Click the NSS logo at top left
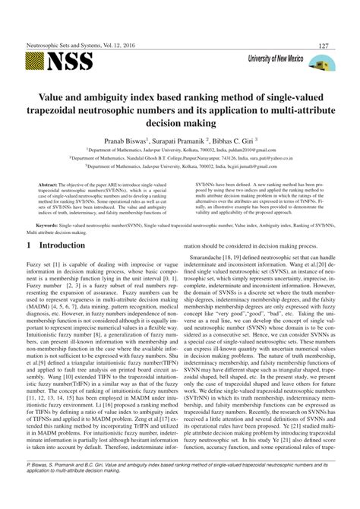59,60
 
